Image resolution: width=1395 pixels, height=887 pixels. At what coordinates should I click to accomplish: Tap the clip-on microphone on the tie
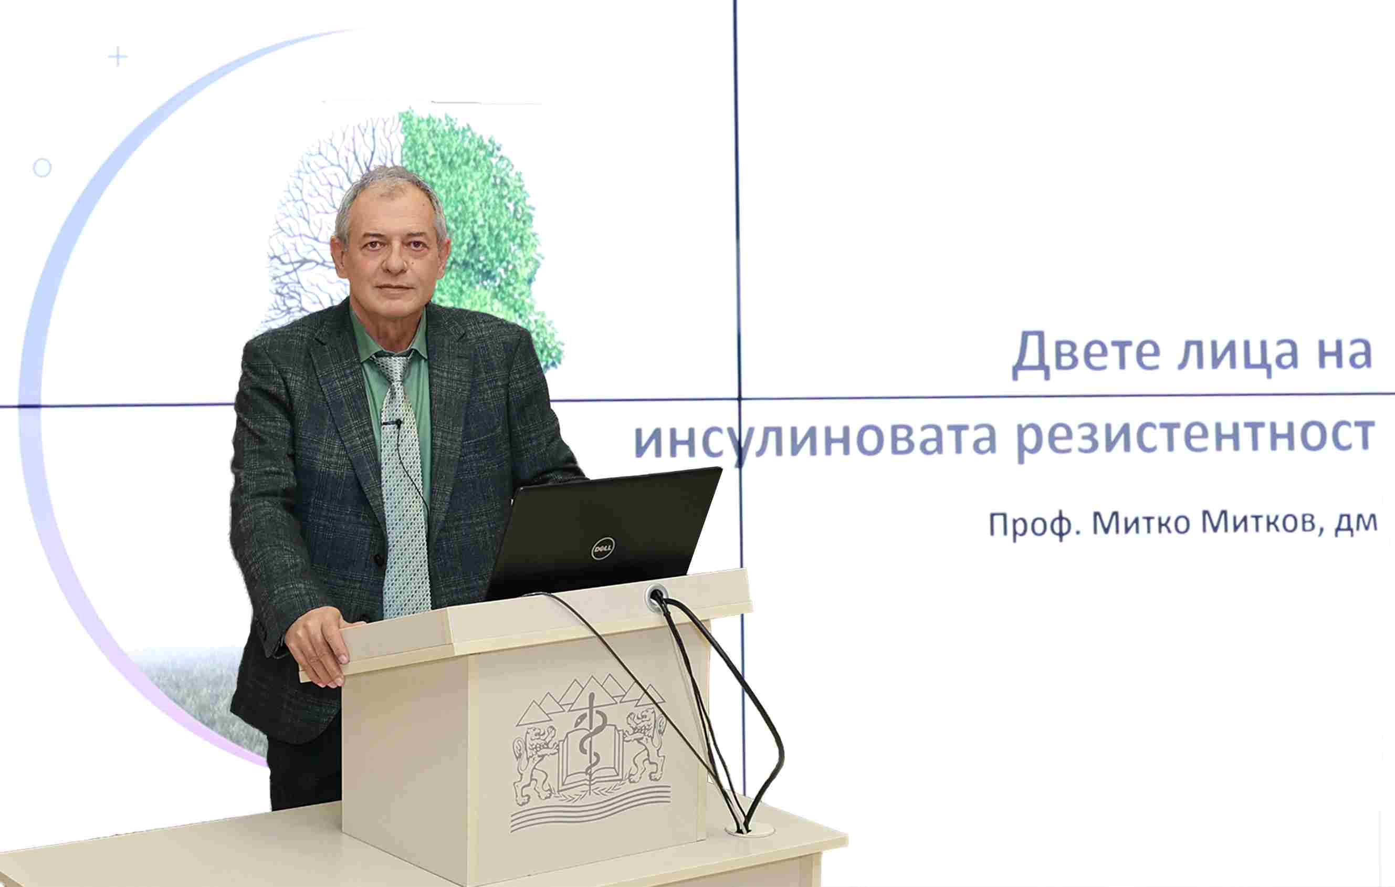point(392,423)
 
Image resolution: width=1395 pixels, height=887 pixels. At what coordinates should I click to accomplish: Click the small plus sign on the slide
point(118,57)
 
